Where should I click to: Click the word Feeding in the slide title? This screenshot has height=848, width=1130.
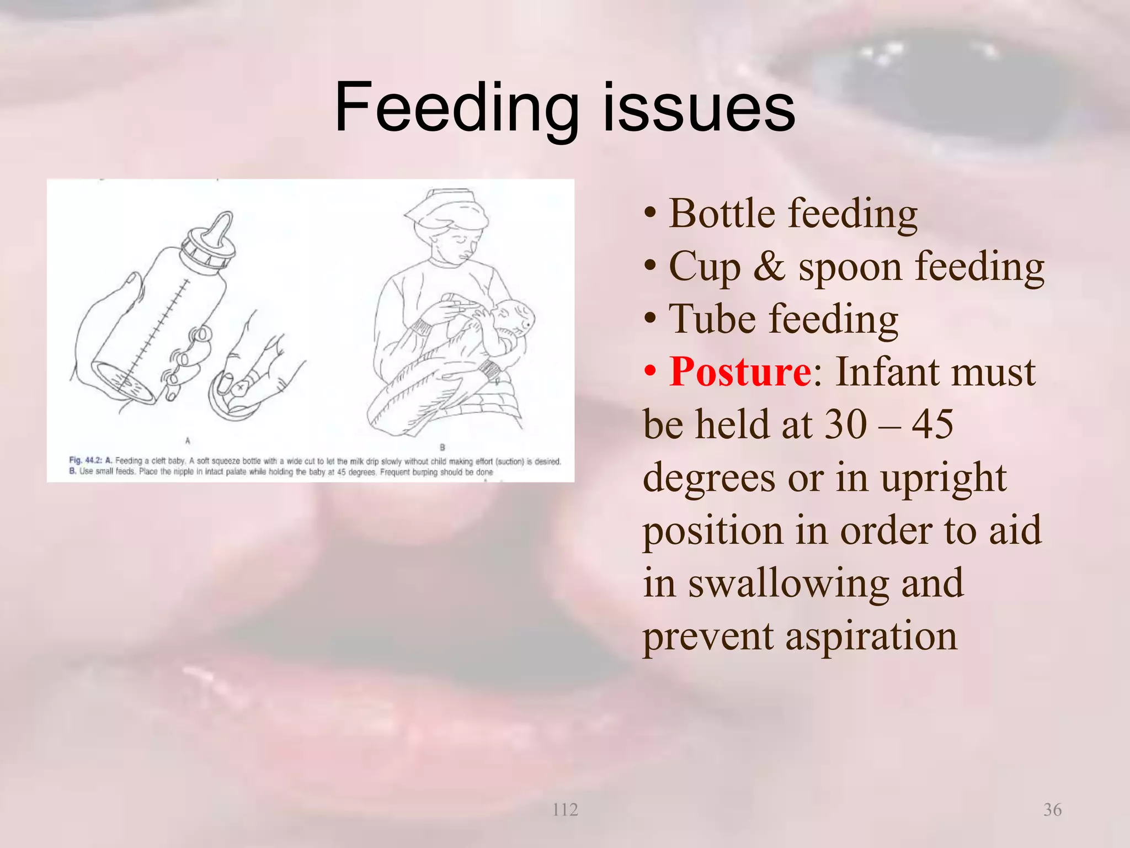click(456, 108)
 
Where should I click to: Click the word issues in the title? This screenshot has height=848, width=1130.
click(699, 108)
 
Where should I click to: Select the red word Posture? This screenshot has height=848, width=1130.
click(739, 373)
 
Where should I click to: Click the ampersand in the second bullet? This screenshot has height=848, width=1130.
click(769, 267)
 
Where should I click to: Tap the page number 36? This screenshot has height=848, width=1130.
click(1052, 810)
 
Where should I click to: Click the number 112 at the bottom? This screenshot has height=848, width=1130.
click(565, 810)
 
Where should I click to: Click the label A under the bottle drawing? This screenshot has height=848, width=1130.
click(188, 441)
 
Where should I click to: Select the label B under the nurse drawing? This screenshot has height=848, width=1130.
click(442, 447)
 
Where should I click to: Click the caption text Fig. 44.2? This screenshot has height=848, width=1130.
click(86, 460)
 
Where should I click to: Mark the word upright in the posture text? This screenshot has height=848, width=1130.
click(944, 478)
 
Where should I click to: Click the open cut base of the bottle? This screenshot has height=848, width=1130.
click(122, 382)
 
